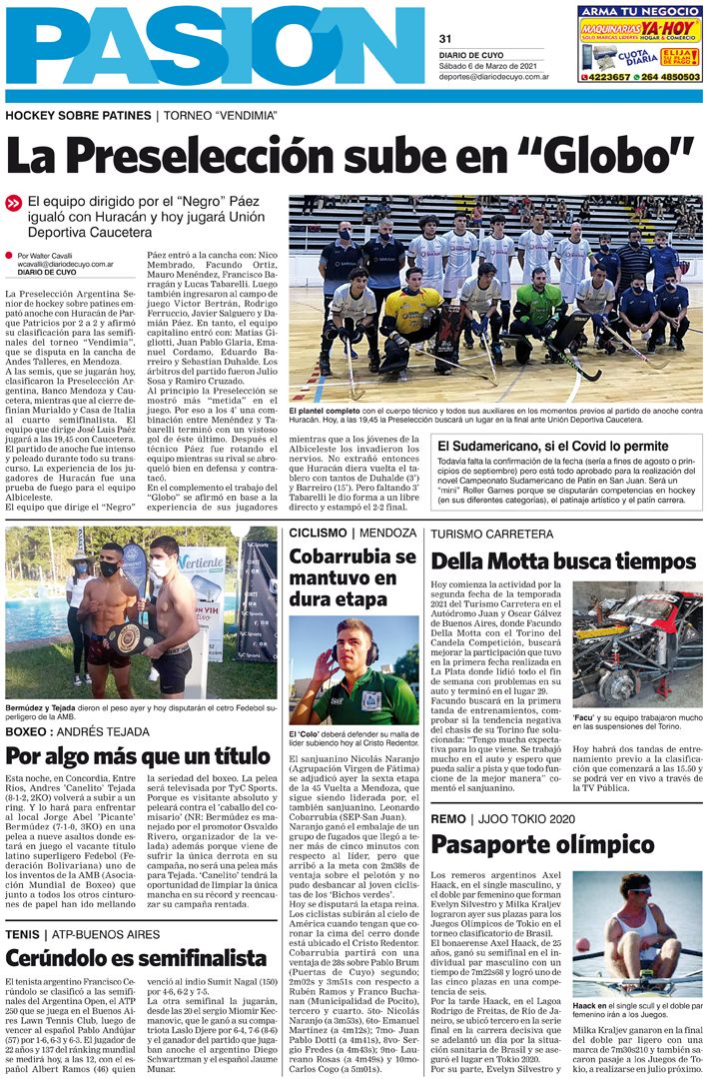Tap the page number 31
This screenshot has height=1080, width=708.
(x=444, y=39)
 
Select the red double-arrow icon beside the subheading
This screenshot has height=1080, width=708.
(x=14, y=203)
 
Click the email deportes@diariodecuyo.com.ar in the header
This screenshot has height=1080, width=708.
(x=495, y=76)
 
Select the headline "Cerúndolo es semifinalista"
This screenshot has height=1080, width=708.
(x=136, y=958)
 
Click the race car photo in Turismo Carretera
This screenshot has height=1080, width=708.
(x=636, y=643)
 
